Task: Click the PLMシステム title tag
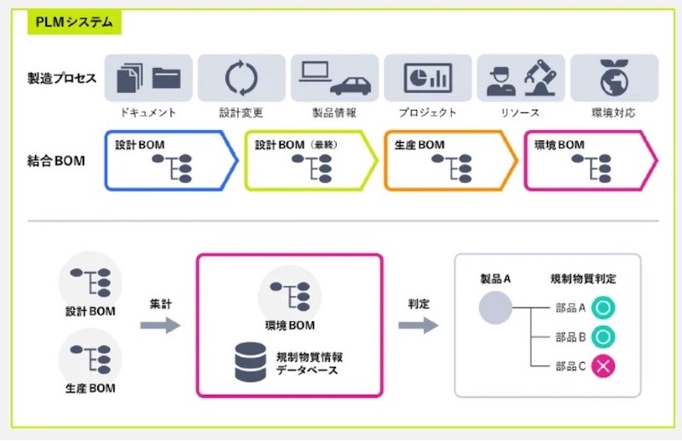(74, 23)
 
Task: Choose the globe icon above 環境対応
(613, 77)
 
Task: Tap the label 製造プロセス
(61, 79)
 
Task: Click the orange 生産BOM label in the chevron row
(419, 146)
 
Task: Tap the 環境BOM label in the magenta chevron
(559, 146)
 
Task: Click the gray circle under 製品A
(494, 308)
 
